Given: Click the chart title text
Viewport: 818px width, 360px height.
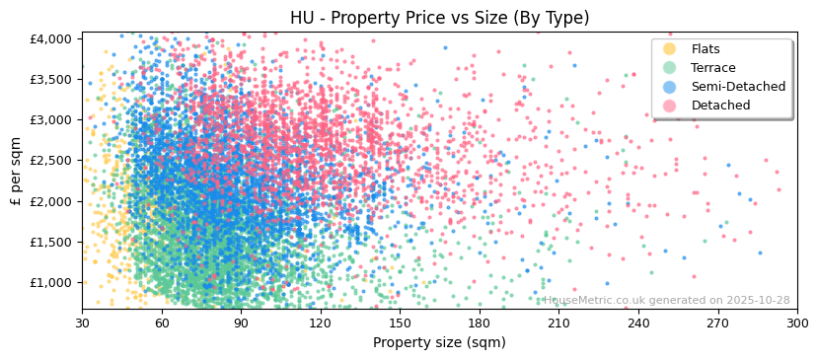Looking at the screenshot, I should pos(439,18).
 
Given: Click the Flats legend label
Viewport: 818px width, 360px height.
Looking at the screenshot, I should pos(706,49).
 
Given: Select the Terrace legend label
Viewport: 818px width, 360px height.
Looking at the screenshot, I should pos(713,68).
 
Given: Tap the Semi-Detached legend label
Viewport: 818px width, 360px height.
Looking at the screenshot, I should pos(738,87).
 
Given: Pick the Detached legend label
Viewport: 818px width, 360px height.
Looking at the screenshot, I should pos(720,106).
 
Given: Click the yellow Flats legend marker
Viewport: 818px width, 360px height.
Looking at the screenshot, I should pos(670,49).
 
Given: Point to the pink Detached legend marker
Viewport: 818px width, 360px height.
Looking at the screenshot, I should pos(670,106).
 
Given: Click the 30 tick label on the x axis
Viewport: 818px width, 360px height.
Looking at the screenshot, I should pos(82,323).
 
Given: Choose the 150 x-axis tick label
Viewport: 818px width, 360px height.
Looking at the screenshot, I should pos(400,323).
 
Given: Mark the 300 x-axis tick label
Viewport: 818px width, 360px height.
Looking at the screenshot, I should pos(797,323).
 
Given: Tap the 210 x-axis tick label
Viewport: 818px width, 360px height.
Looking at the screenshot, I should pos(558,323).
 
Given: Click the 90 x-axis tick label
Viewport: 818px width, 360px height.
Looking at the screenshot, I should pos(241,323).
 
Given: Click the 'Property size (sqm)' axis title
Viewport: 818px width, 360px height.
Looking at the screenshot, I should pos(439,342).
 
